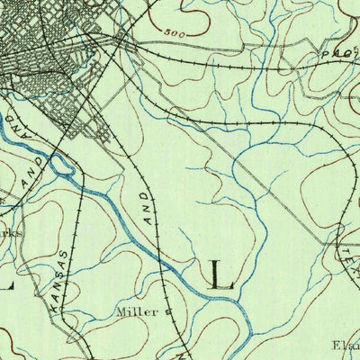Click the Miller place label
[137, 312]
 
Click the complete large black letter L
[220, 274]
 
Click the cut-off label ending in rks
[9, 229]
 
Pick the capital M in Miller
[121, 312]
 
